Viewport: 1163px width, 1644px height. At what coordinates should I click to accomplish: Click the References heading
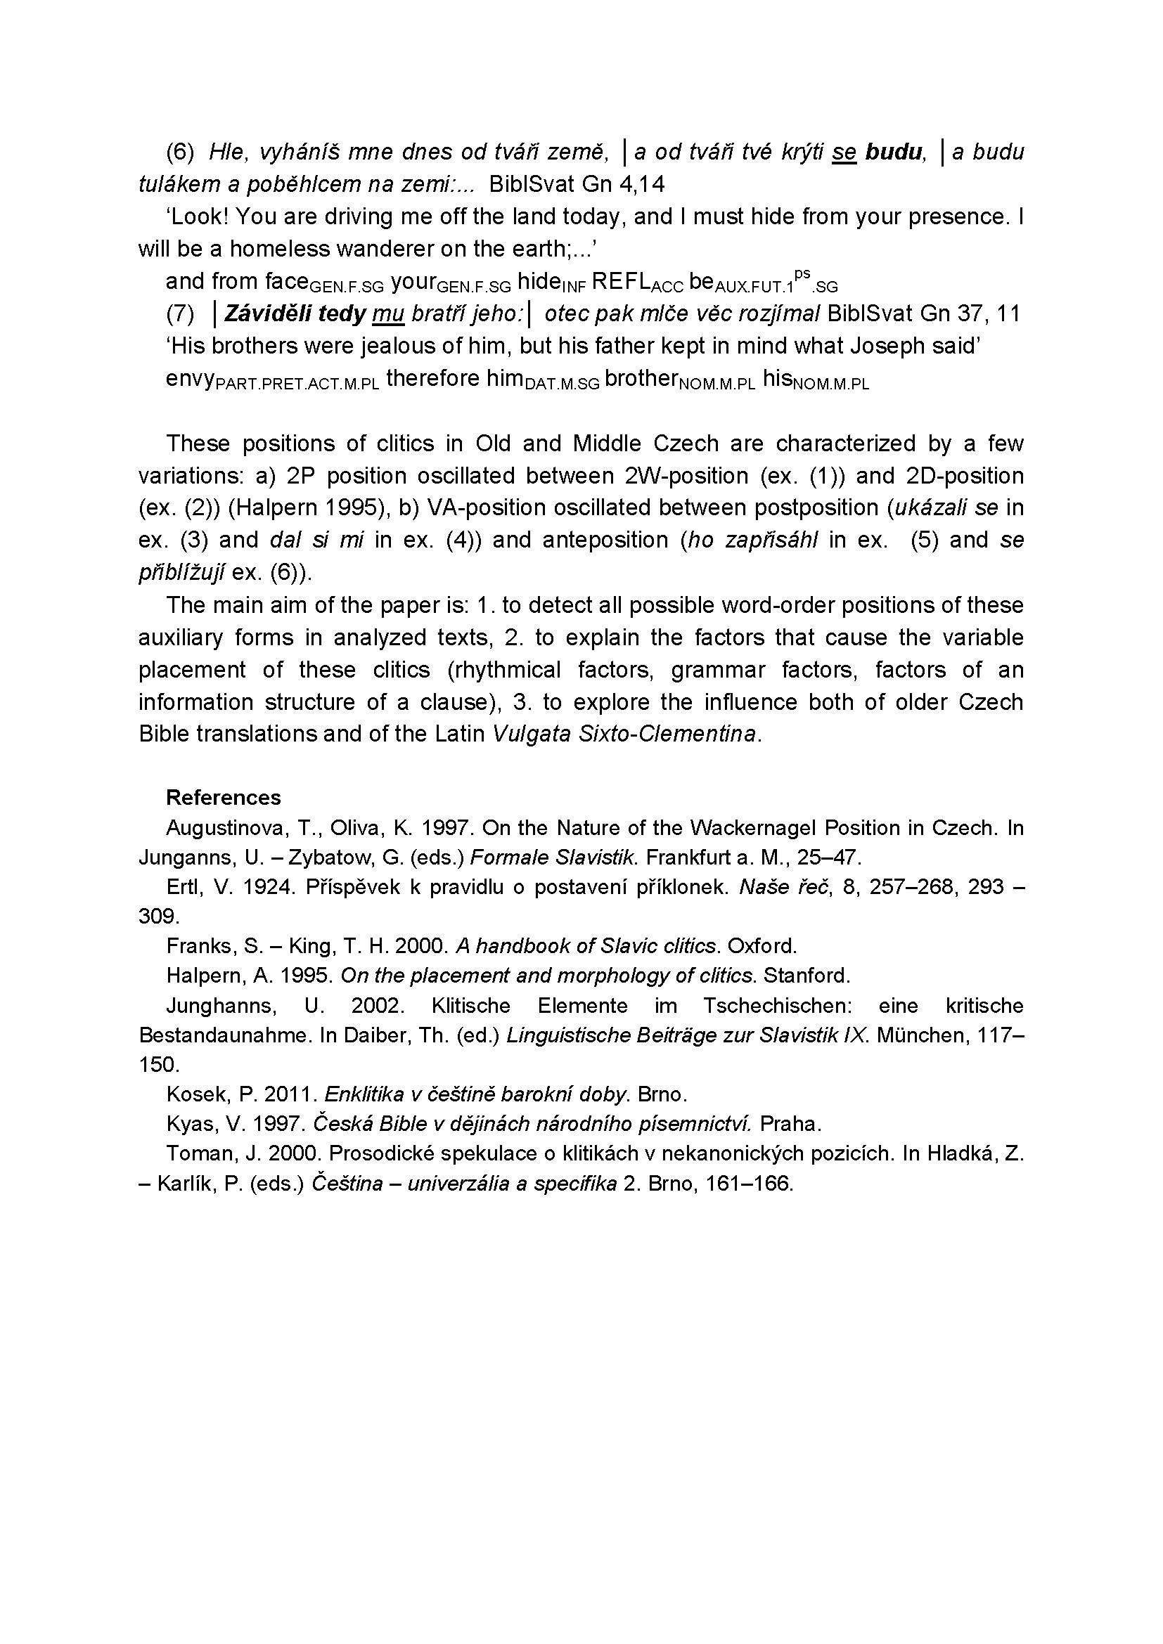pyautogui.click(x=224, y=797)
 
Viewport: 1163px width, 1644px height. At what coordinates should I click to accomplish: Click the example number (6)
pyautogui.click(x=181, y=152)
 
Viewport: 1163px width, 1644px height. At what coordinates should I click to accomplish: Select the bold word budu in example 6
pyautogui.click(x=894, y=152)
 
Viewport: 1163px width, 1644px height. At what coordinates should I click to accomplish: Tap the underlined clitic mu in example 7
pyautogui.click(x=389, y=313)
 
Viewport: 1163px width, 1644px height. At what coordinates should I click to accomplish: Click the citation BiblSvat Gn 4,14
pyautogui.click(x=577, y=185)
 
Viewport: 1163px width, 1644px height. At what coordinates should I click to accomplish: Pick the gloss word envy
pyautogui.click(x=190, y=378)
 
